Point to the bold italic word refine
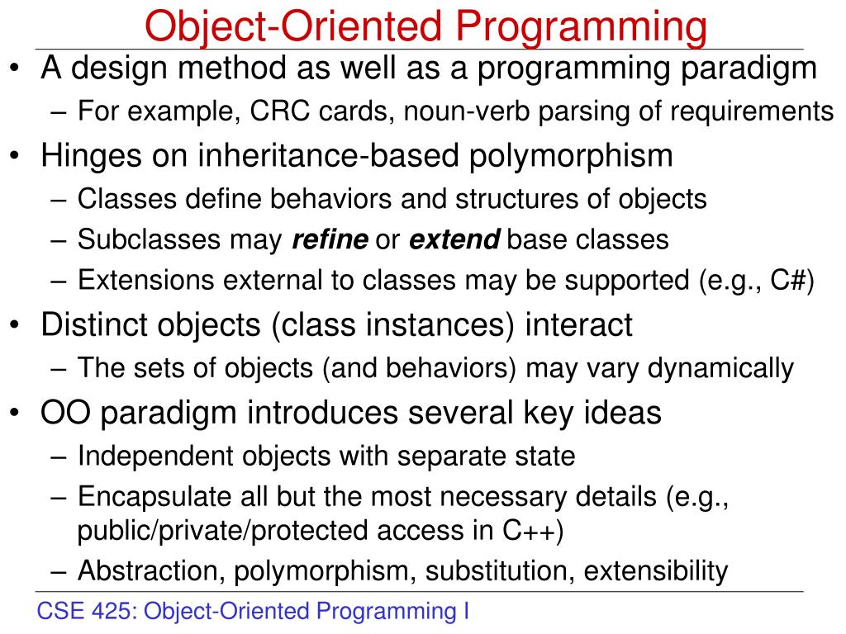pyautogui.click(x=330, y=240)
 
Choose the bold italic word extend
pyautogui.click(x=454, y=240)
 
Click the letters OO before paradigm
pyautogui.click(x=61, y=412)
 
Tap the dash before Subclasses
pyautogui.click(x=63, y=241)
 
